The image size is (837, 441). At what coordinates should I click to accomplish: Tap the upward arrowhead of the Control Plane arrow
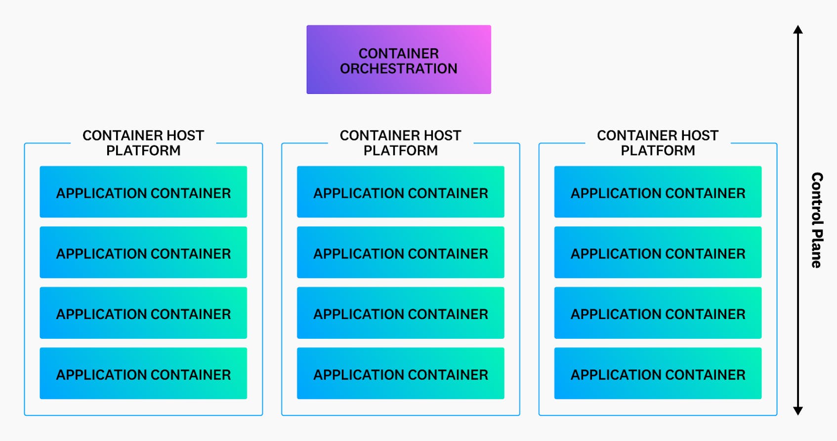point(797,29)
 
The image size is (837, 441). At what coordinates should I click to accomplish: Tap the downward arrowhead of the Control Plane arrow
point(797,410)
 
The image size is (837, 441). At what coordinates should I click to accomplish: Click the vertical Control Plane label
point(817,220)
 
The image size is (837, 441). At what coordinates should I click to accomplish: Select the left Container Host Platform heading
point(143,143)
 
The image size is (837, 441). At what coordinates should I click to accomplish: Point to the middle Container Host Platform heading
point(400,143)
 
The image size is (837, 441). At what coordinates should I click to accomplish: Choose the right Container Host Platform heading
point(658,143)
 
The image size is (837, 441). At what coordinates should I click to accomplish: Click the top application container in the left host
point(143,192)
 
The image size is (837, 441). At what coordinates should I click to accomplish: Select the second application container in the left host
point(143,252)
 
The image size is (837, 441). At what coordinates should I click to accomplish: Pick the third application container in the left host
point(143,313)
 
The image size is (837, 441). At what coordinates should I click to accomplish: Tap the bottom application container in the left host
point(143,373)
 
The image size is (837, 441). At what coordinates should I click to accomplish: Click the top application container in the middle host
point(400,192)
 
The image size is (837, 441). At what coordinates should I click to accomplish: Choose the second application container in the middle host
point(400,252)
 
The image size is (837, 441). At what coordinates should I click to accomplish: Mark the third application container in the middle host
point(400,313)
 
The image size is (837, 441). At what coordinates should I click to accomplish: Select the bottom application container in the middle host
point(400,373)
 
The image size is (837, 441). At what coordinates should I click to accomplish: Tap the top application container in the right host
point(658,192)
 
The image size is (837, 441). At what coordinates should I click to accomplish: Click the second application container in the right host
point(658,252)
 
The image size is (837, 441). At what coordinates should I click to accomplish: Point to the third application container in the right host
point(658,313)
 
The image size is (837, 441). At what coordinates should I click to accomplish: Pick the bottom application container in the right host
point(658,373)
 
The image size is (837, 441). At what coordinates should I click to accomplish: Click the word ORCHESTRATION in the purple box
point(398,69)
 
